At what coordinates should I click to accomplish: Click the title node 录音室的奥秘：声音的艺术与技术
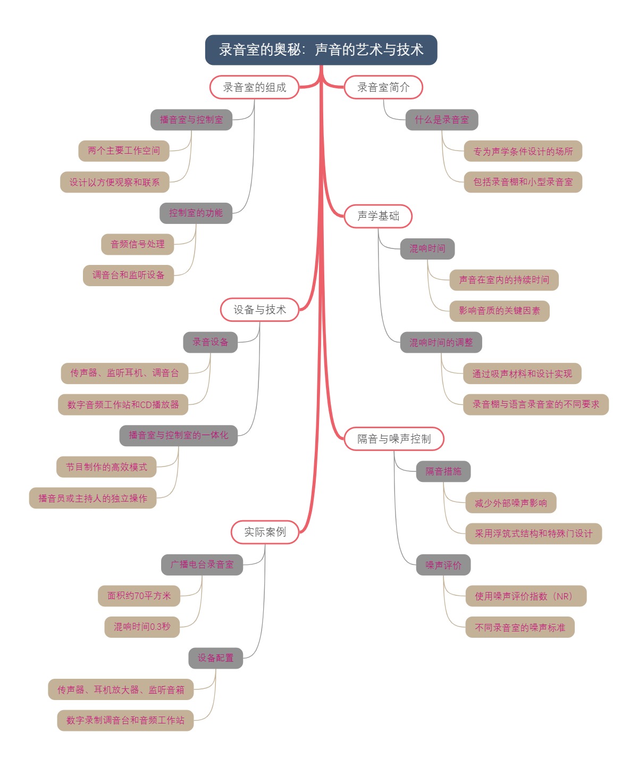321,50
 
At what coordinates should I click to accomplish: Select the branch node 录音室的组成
254,87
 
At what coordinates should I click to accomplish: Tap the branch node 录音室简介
383,87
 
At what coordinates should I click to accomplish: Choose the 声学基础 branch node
378,216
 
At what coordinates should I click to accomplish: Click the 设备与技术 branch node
259,310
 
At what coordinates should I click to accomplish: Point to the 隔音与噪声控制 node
394,439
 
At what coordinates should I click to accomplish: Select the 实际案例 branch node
265,532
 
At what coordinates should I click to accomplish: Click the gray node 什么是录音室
442,120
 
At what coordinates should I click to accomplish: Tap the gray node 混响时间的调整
441,343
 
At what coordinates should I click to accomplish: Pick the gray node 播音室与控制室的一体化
178,435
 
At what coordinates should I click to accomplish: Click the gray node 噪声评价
443,565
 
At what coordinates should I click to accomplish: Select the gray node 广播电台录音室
202,564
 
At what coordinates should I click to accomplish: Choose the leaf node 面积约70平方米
139,596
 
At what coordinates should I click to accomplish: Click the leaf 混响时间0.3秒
142,627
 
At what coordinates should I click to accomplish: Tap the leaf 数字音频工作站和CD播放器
123,405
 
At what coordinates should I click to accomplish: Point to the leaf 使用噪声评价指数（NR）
526,596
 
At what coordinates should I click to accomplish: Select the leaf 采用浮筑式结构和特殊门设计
533,534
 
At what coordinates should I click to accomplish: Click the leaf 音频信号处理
138,244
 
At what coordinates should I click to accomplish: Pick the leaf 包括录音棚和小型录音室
523,182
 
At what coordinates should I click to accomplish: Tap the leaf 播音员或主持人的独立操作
93,498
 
